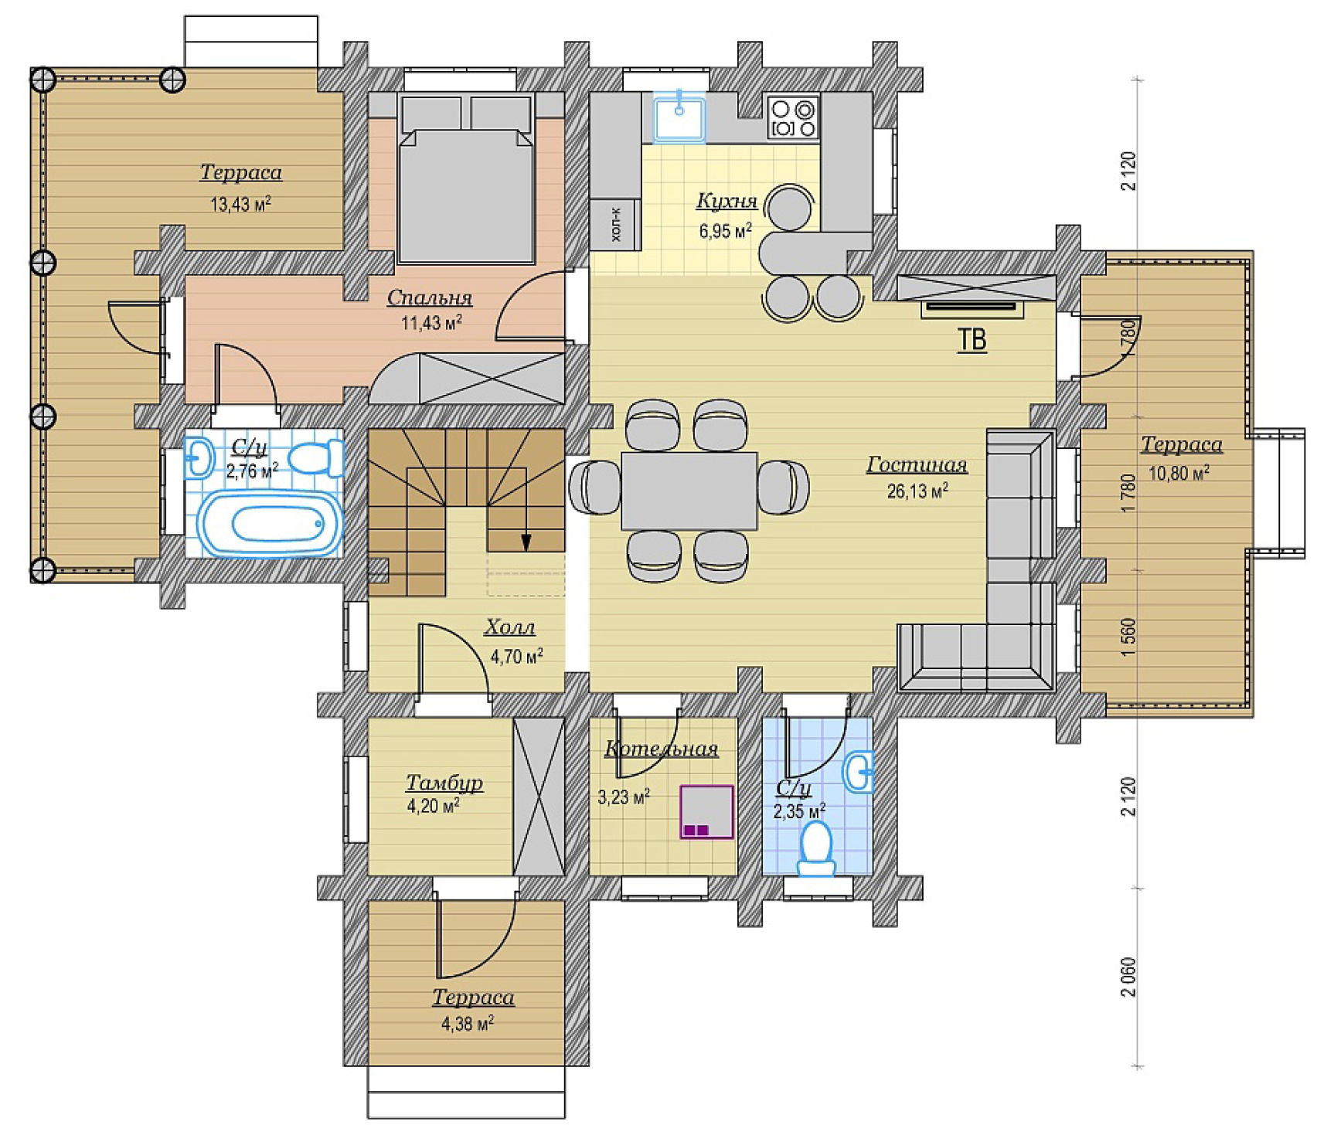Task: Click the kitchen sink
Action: pos(679,117)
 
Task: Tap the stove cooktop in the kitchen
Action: pos(793,117)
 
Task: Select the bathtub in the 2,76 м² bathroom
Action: pos(270,524)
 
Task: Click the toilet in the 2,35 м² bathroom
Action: pos(816,848)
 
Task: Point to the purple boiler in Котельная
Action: pos(706,812)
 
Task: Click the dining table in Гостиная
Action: pos(689,491)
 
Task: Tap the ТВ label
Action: pos(972,340)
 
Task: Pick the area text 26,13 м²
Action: pos(917,491)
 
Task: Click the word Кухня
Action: pos(727,200)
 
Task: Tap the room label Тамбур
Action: pos(444,782)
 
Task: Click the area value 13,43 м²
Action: pos(240,204)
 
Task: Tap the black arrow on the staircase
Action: pos(526,542)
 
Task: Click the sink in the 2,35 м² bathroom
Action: pos(859,771)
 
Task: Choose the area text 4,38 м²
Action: pos(468,1024)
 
